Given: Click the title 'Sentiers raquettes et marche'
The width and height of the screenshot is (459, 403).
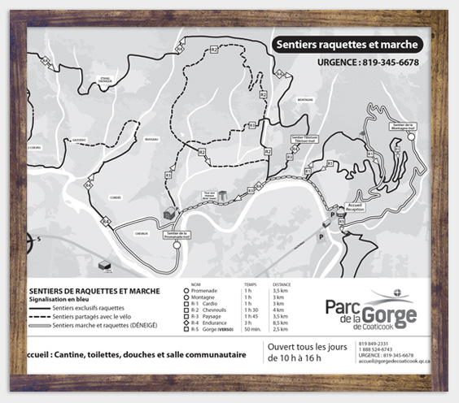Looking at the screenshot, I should pyautogui.click(x=347, y=45).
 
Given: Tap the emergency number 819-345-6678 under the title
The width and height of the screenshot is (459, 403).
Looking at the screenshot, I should pyautogui.click(x=374, y=63).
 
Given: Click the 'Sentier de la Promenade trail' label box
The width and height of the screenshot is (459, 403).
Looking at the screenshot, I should pyautogui.click(x=177, y=236).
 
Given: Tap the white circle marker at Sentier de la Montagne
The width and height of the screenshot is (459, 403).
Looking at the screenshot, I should pyautogui.click(x=412, y=137).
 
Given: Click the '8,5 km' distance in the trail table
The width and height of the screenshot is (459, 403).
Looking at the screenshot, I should pyautogui.click(x=279, y=323).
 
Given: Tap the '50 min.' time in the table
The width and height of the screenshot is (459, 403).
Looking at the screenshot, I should pyautogui.click(x=251, y=329).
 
